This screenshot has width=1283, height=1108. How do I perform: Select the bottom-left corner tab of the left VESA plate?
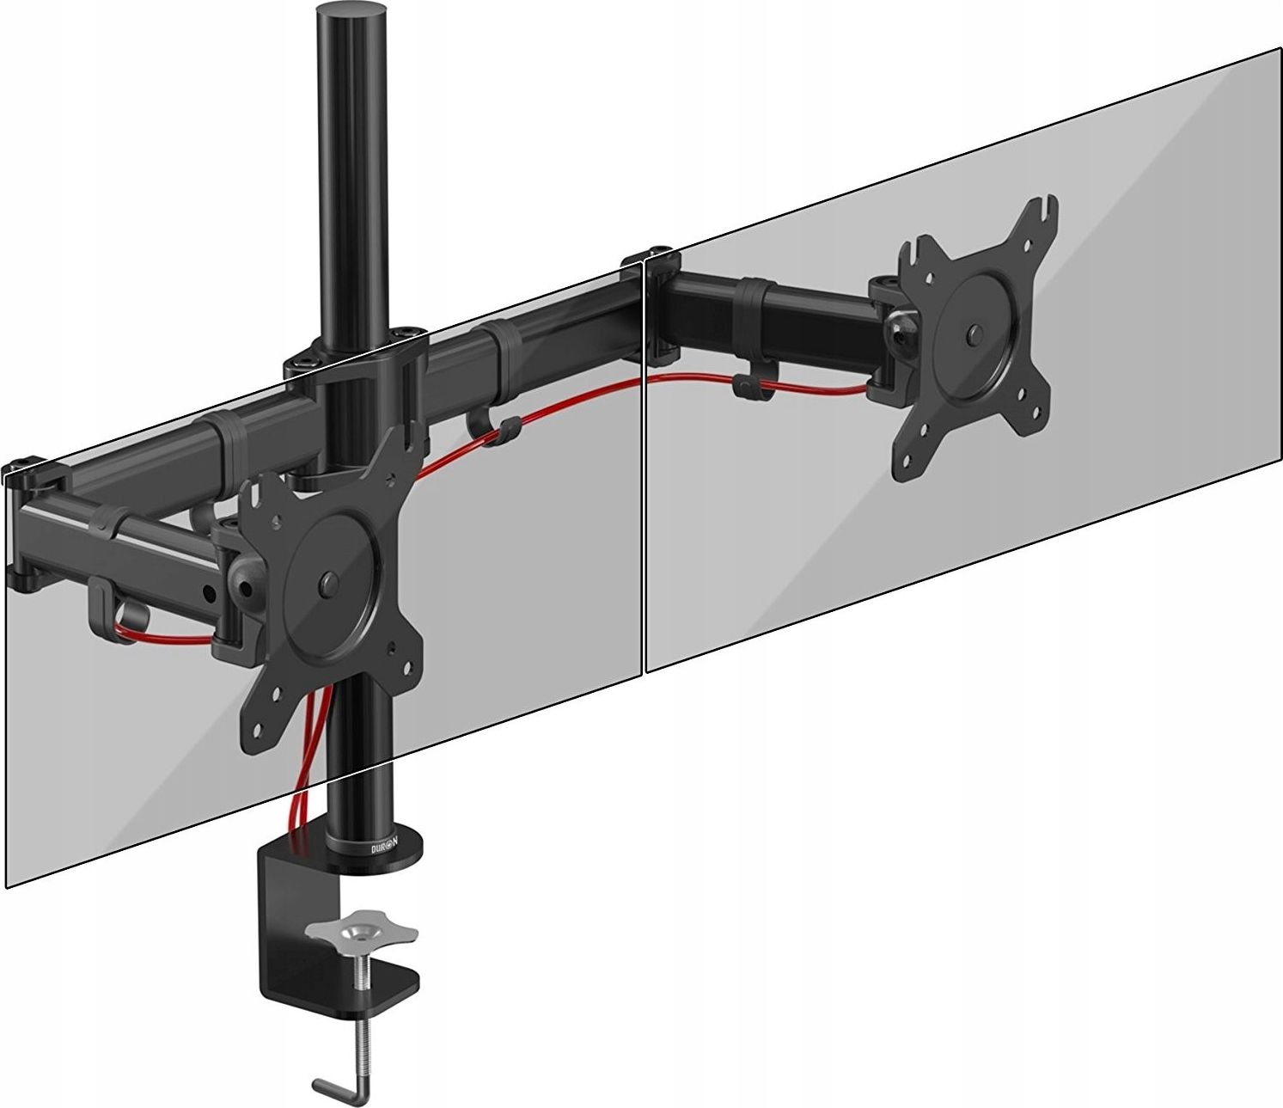259,713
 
